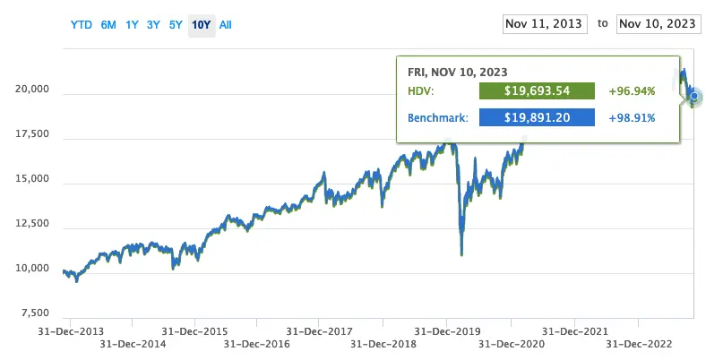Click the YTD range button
click(81, 25)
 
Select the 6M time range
click(108, 25)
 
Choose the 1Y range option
click(132, 25)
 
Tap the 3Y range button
click(153, 25)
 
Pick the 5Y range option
click(176, 25)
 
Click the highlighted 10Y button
click(201, 25)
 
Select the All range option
click(225, 25)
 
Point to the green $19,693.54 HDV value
click(538, 91)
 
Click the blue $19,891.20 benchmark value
click(538, 117)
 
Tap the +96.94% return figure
click(632, 91)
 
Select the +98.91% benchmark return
click(632, 117)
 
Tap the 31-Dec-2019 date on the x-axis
click(447, 330)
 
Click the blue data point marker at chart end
click(695, 97)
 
